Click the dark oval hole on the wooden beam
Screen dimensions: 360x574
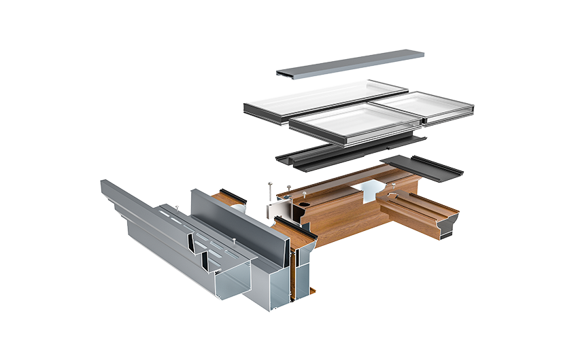(x=305, y=202)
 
